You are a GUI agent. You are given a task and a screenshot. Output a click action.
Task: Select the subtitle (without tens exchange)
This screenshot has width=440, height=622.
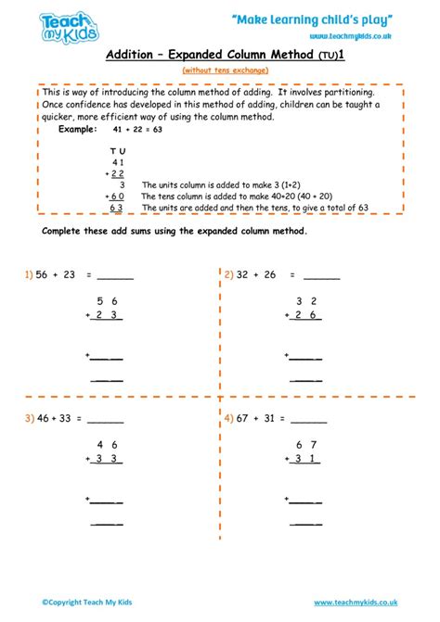220,70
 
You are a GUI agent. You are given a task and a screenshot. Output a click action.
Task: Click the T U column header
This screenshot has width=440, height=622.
118,149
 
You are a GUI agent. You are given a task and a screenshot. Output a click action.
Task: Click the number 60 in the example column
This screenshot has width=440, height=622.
118,197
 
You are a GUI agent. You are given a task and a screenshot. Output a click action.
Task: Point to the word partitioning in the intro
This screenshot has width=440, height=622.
343,93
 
